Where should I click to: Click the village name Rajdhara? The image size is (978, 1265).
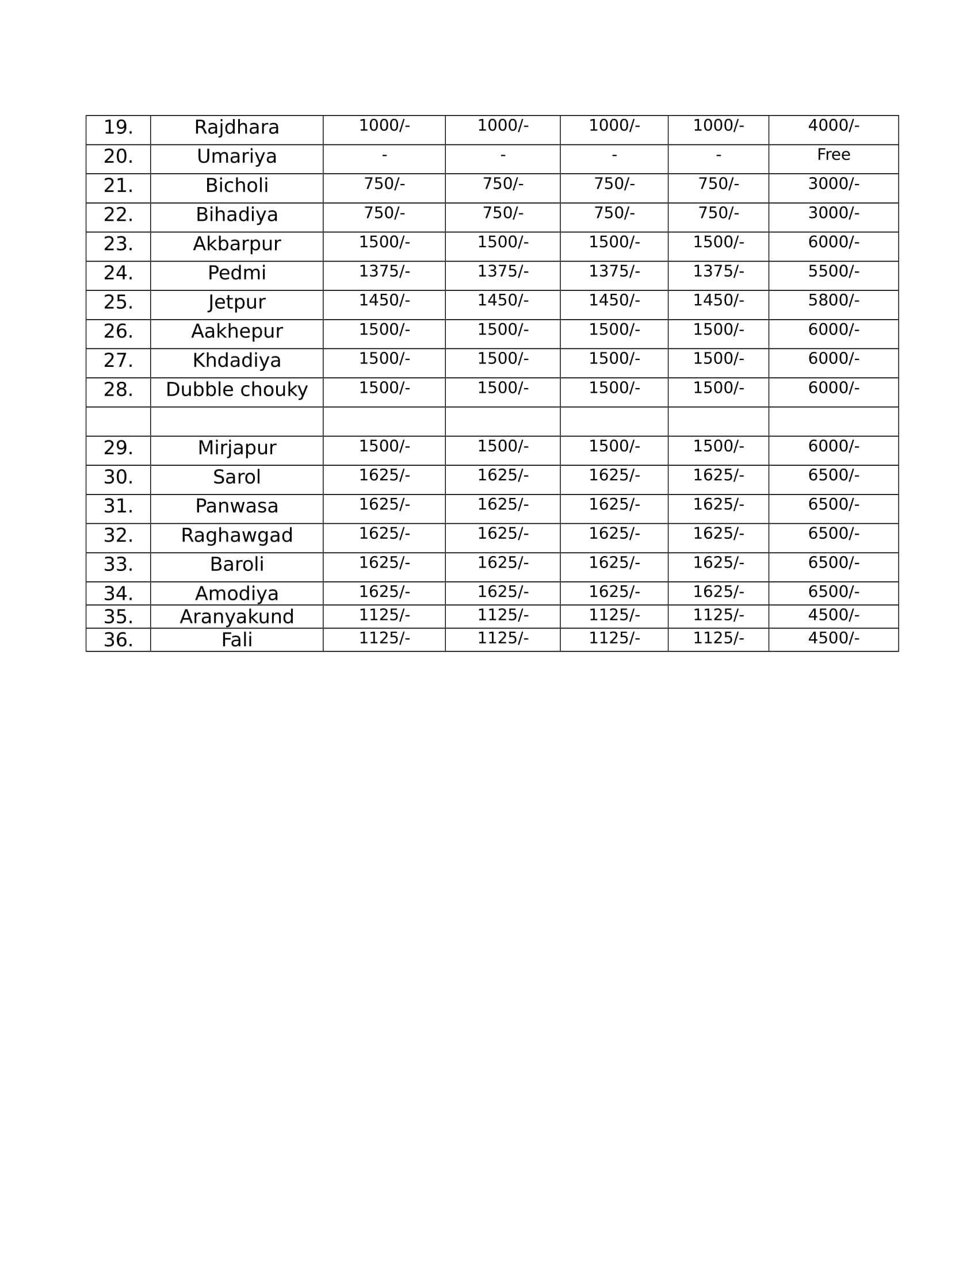[236, 128]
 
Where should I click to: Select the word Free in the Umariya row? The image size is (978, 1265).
[833, 155]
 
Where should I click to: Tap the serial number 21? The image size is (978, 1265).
[118, 186]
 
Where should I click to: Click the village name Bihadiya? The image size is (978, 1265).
[236, 215]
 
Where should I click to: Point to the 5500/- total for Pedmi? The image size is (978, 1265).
[833, 271]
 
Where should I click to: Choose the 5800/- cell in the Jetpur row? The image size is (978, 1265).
[833, 300]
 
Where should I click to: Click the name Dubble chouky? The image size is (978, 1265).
[236, 390]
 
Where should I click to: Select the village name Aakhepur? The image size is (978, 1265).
[236, 331]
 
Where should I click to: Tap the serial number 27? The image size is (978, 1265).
[118, 361]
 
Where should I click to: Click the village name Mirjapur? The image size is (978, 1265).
[236, 448]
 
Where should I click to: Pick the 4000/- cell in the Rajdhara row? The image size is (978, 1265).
[833, 125]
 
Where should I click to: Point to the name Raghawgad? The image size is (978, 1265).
[236, 535]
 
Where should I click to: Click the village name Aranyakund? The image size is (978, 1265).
[236, 617]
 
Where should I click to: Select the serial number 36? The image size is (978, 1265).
[118, 640]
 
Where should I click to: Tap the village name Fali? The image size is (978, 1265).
[236, 640]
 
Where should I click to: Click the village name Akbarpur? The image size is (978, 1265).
[236, 244]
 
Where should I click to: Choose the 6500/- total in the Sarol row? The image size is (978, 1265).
[833, 475]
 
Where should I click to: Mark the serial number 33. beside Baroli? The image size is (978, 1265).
[118, 564]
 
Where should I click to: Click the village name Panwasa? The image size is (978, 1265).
[236, 506]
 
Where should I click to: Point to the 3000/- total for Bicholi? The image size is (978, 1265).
[833, 183]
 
